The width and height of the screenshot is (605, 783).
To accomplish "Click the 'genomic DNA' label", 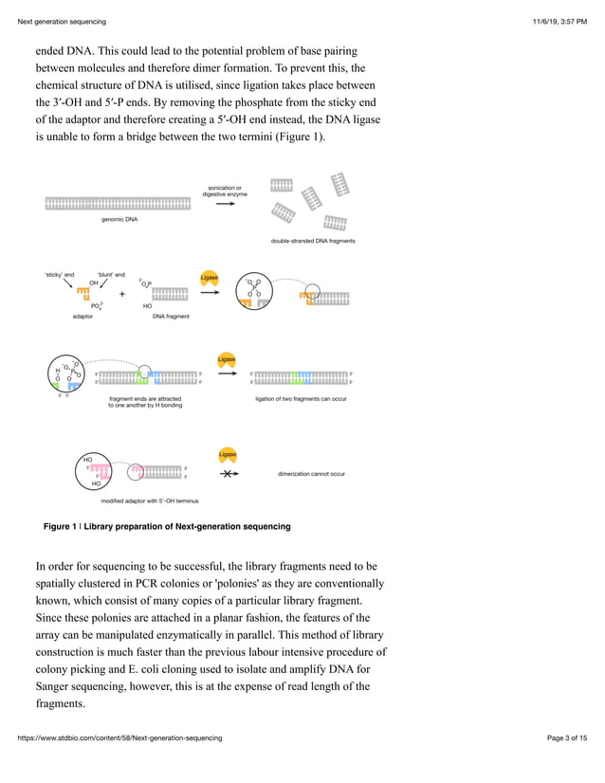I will tap(119, 219).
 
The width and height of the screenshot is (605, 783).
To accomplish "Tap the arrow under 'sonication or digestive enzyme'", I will tap(224, 204).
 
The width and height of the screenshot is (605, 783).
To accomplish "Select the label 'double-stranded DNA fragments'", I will tap(312, 241).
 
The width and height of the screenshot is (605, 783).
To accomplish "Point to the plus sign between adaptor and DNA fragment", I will tap(121, 294).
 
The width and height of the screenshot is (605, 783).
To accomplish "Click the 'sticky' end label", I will tap(59, 274).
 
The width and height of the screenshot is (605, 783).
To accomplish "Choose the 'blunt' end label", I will tap(111, 274).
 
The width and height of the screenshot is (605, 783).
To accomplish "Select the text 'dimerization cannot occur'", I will tap(311, 473).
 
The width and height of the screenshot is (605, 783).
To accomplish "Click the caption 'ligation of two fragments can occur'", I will tap(301, 399).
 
